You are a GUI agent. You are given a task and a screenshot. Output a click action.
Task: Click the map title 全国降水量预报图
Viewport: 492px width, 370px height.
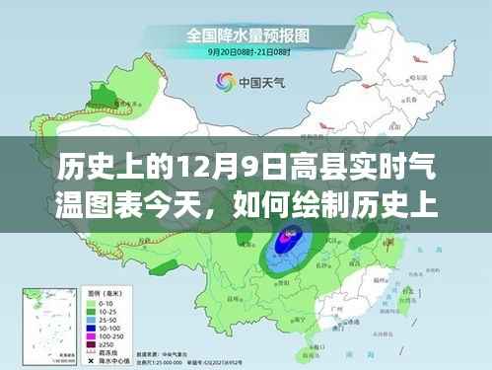(x=246, y=36)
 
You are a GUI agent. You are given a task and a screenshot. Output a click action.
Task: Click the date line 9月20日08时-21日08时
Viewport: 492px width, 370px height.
(x=246, y=52)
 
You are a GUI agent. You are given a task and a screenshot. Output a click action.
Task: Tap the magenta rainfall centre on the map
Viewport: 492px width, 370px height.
(x=288, y=237)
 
